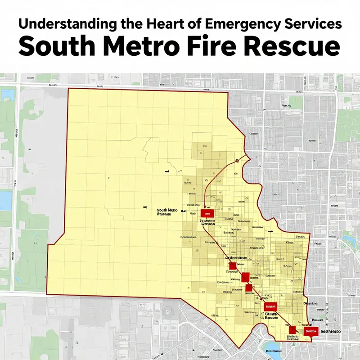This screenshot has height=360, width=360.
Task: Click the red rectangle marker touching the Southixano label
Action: click(x=311, y=332)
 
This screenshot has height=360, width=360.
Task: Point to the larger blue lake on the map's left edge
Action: click(x=5, y=200)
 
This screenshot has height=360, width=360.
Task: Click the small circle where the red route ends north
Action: click(x=237, y=160)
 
